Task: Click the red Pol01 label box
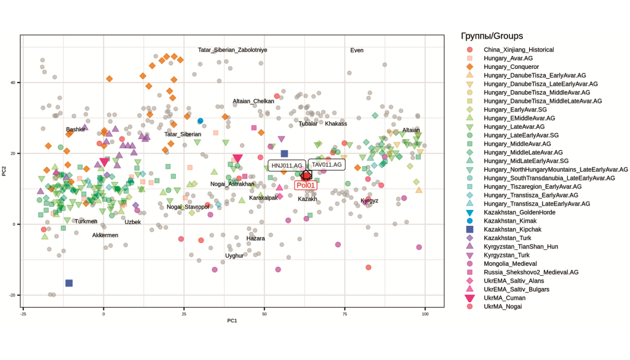point(305,185)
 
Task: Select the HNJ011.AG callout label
point(287,166)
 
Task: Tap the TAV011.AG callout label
point(327,165)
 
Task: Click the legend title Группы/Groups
point(492,36)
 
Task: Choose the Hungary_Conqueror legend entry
point(511,66)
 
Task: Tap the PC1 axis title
point(232,321)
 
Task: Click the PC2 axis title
point(4,171)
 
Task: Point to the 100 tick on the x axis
point(425,314)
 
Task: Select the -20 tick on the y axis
point(12,295)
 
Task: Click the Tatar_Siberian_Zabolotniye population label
point(232,50)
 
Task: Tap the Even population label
point(357,50)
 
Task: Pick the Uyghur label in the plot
point(234,255)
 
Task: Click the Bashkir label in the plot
point(76,129)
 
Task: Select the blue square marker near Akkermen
point(69,283)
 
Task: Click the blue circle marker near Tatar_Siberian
point(200,121)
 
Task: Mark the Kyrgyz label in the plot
point(369,201)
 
